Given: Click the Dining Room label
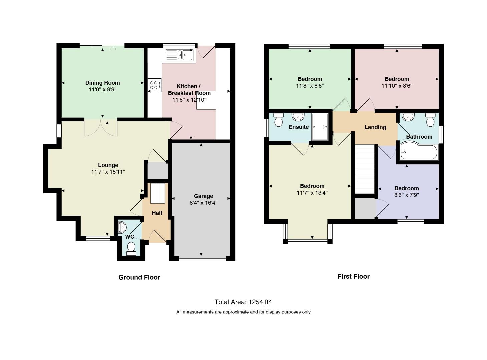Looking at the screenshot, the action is tap(102, 83).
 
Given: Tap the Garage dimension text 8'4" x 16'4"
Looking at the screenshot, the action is tap(203, 203).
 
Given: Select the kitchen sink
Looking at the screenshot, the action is tap(179, 55).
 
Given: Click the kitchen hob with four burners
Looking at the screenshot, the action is tap(154, 85).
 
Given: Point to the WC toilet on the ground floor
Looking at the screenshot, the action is tap(131, 249).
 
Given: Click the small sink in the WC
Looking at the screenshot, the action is tap(121, 227).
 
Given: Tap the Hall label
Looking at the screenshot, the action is tap(157, 213).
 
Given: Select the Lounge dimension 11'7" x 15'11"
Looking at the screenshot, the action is tap(108, 172).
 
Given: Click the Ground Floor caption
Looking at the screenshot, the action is tap(139, 277).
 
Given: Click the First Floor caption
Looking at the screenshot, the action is tap(354, 276).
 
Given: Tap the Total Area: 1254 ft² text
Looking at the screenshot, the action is tap(242, 302).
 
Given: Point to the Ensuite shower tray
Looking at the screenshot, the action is tap(320, 127).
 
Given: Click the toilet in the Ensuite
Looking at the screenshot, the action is tap(279, 120).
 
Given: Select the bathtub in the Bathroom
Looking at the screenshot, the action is tap(419, 152).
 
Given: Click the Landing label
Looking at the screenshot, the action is tap(375, 127).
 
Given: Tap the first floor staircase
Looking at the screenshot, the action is tap(365, 169).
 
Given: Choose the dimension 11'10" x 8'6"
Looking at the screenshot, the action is tap(397, 86).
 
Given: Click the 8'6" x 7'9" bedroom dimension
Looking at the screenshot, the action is tap(407, 195).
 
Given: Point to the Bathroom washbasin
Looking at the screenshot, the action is tap(408, 117).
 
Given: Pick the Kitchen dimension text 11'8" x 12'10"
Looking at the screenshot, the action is tap(189, 100).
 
